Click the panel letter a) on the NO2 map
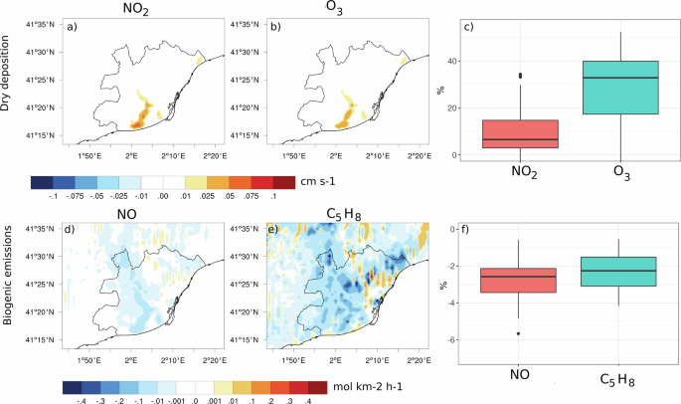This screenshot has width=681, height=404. tap(72, 27)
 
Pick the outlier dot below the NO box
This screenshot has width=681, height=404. tap(518, 333)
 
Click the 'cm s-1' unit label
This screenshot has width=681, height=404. tap(313, 182)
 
